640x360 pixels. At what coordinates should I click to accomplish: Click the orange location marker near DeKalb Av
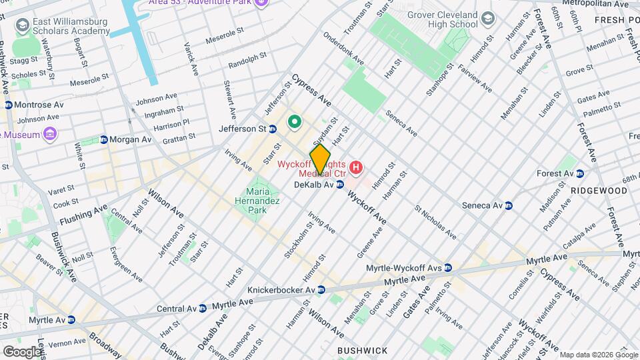[320, 159]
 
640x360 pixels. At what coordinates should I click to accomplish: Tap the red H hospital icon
[357, 167]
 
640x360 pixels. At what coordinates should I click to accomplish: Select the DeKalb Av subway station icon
[340, 185]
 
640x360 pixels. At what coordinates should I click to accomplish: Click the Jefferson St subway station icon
[272, 128]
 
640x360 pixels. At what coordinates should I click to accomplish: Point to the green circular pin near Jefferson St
[294, 123]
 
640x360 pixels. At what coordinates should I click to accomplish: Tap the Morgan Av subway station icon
[104, 139]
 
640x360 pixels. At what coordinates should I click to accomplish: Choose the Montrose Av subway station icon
[8, 105]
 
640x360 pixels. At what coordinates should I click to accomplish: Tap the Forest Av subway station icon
[580, 173]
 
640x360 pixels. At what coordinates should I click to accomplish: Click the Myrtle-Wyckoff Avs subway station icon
[448, 268]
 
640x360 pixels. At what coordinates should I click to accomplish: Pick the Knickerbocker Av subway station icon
[321, 290]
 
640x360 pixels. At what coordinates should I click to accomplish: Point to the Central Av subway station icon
[203, 309]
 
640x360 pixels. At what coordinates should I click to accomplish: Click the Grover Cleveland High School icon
[489, 17]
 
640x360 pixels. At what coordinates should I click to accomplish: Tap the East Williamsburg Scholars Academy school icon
[23, 25]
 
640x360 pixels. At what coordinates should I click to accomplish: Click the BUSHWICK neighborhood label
[362, 350]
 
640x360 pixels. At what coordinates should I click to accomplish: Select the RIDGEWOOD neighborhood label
[599, 191]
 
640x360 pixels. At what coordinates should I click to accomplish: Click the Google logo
[21, 351]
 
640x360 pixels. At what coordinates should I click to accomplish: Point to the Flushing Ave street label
[83, 214]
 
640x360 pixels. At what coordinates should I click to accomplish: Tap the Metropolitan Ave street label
[595, 3]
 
